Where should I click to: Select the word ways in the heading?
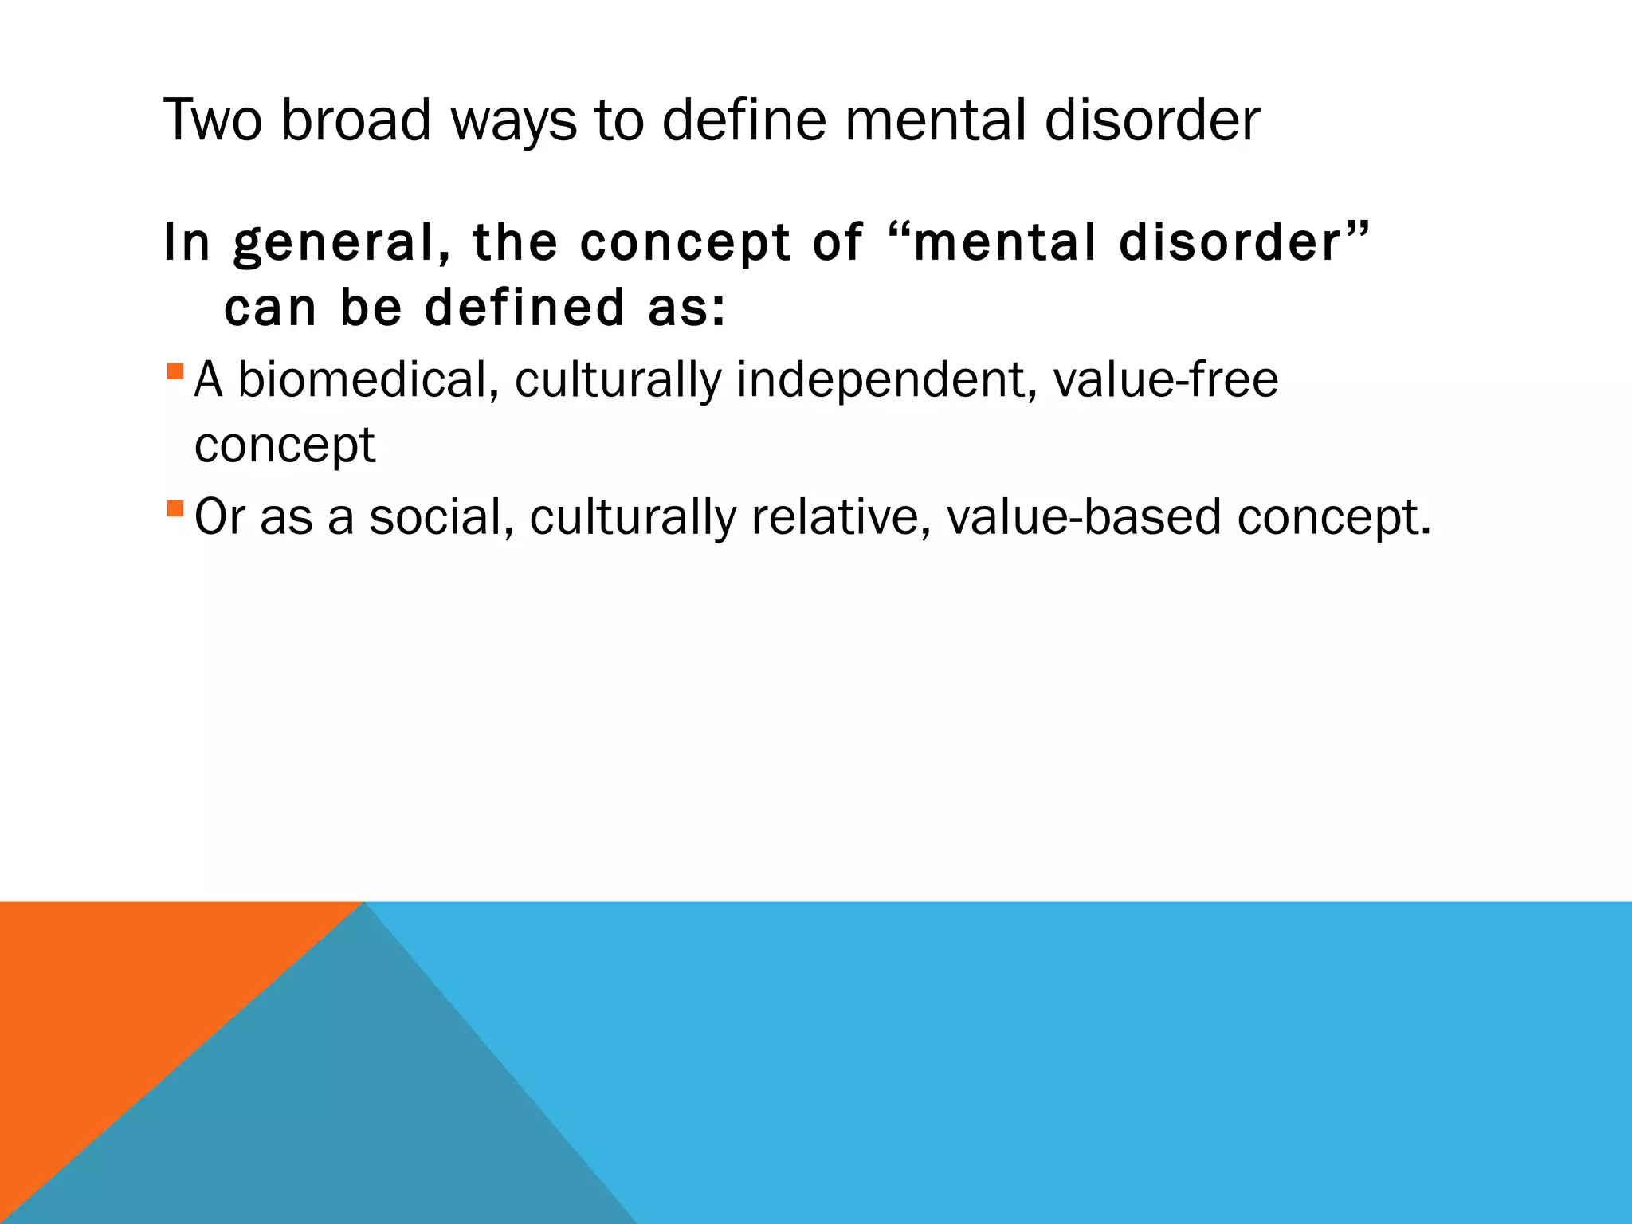point(513,121)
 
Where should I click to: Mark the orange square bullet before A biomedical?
point(175,371)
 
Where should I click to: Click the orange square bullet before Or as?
point(175,508)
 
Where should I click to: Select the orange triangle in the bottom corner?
point(104,1004)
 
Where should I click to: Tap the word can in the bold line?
point(270,308)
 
